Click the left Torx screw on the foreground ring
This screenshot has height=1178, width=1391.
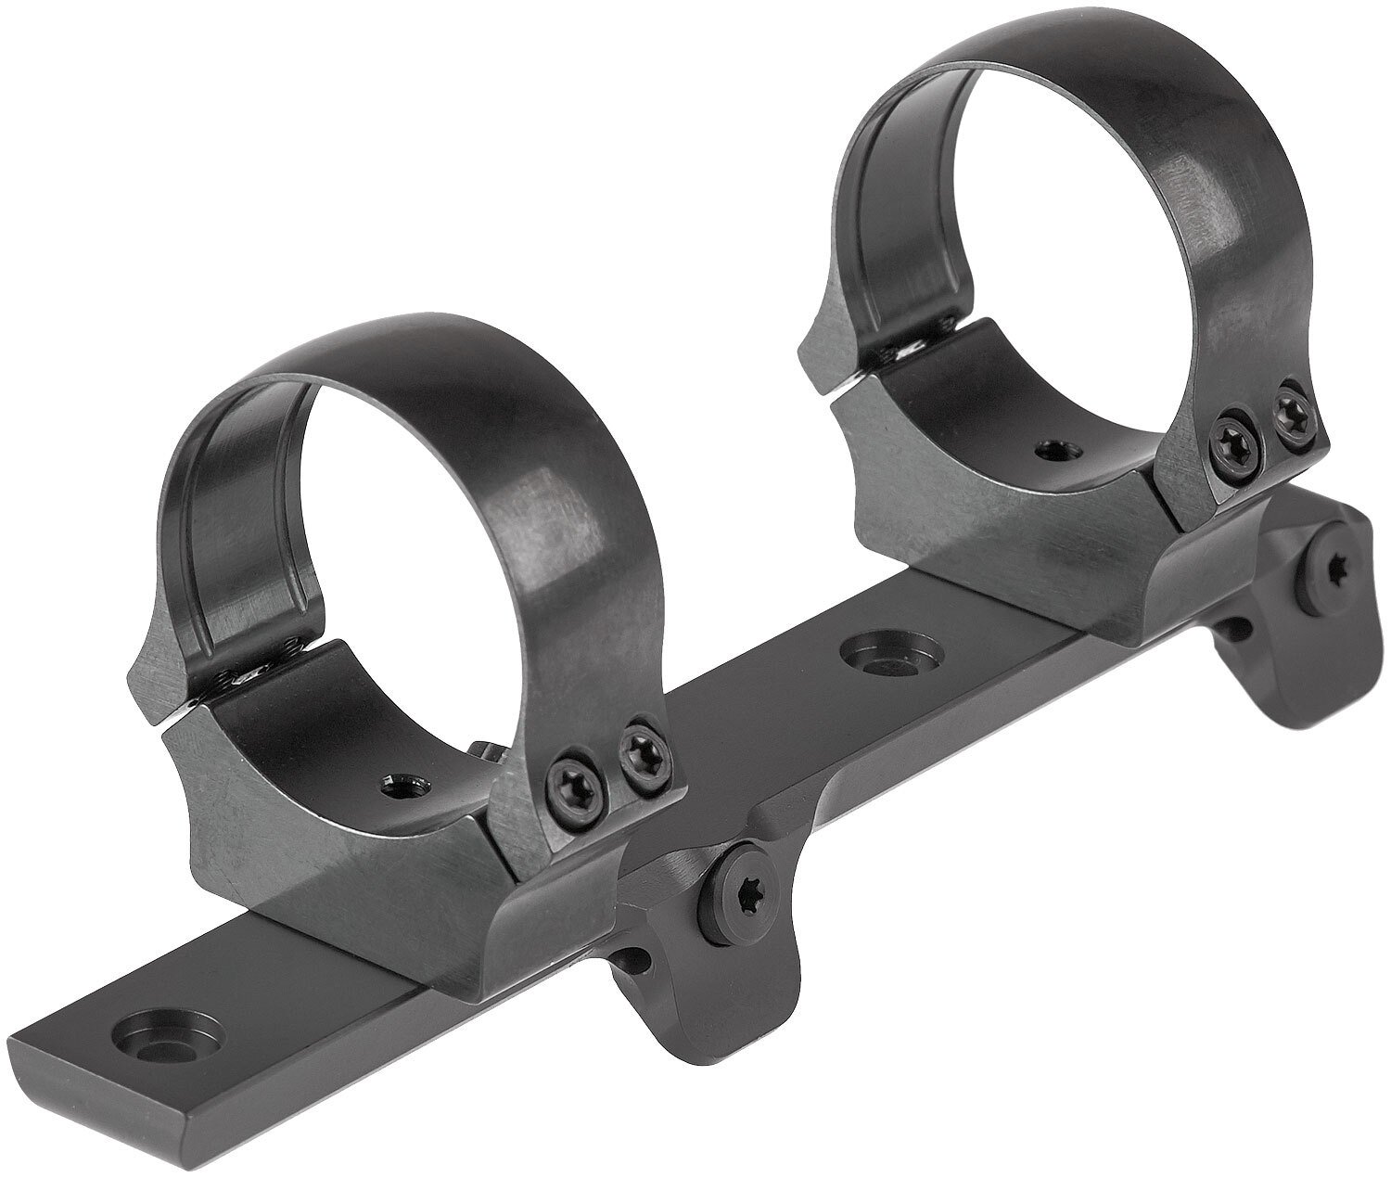[568, 774]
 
